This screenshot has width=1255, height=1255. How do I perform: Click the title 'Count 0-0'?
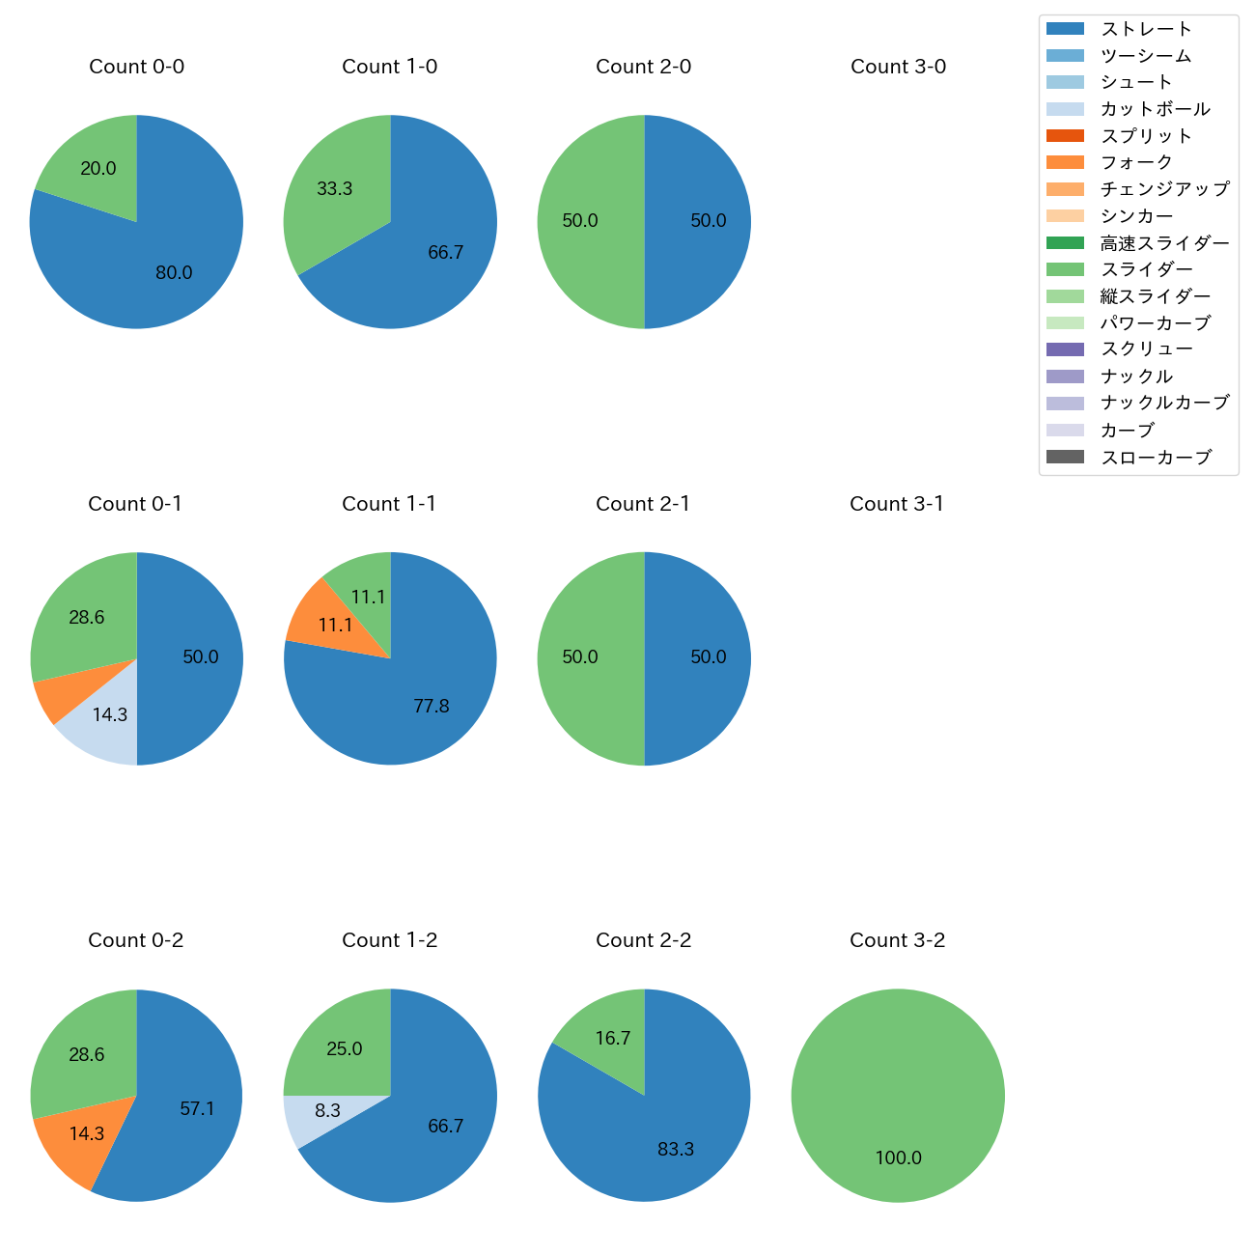pyautogui.click(x=136, y=67)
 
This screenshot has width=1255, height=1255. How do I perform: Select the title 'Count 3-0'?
pyautogui.click(x=898, y=67)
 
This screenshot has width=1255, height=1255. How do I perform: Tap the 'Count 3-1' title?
pyautogui.click(x=897, y=504)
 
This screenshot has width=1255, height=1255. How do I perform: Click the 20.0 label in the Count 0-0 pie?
pyautogui.click(x=98, y=169)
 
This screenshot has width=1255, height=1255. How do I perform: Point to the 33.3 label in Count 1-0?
pyautogui.click(x=335, y=189)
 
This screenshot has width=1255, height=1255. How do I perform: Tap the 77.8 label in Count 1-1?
pyautogui.click(x=432, y=707)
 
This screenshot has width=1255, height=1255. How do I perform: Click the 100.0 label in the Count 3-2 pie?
pyautogui.click(x=899, y=1158)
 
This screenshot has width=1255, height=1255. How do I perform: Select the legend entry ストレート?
pyautogui.click(x=1146, y=29)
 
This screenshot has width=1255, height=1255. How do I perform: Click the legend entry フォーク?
pyautogui.click(x=1136, y=162)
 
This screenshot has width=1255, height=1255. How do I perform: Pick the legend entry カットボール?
pyautogui.click(x=1155, y=109)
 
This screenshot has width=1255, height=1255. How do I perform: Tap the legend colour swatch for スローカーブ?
pyautogui.click(x=1065, y=457)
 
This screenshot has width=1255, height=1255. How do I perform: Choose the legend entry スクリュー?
pyautogui.click(x=1146, y=349)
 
